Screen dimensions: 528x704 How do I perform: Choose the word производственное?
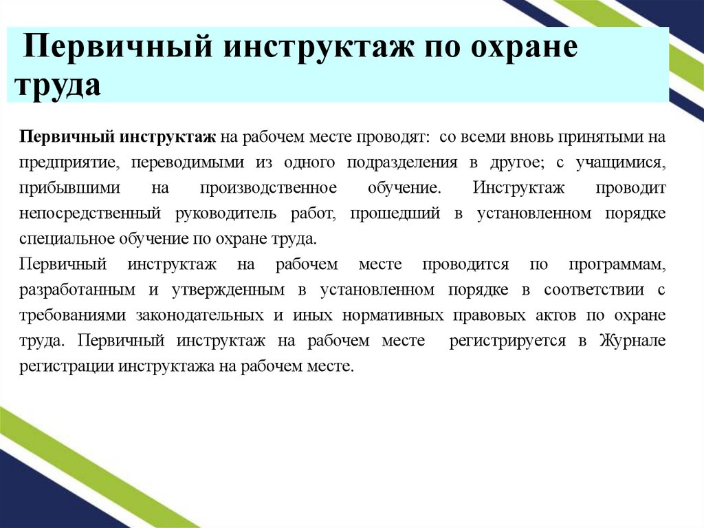[x=268, y=188]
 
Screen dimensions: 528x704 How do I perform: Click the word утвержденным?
[x=225, y=290]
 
